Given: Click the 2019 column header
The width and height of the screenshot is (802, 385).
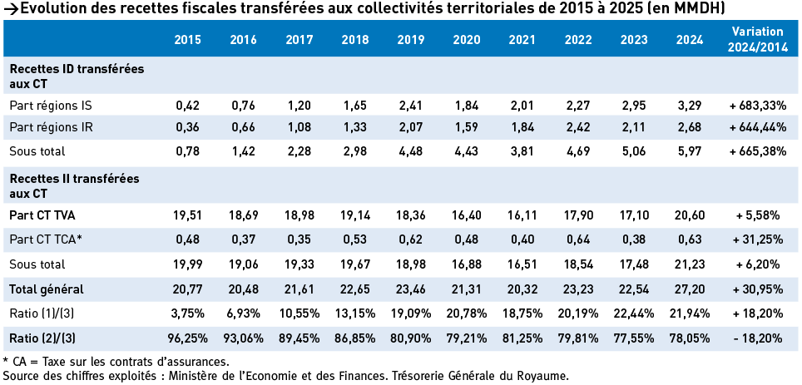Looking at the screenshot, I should point(411,39).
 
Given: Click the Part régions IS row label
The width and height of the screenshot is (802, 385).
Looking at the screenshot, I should point(51,106).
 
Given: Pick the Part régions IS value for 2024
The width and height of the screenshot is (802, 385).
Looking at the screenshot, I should point(690,106).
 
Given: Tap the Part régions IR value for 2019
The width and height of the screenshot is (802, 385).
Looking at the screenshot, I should point(411,128).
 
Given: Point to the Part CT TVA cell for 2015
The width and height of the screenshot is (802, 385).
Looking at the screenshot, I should point(188,215).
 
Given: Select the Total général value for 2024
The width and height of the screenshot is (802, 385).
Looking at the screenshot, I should point(690,289).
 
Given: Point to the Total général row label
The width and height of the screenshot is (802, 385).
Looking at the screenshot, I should point(47,289).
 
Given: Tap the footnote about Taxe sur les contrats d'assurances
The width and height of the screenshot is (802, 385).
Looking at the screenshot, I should point(116,361).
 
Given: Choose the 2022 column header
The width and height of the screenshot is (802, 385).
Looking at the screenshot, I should point(578,39).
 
